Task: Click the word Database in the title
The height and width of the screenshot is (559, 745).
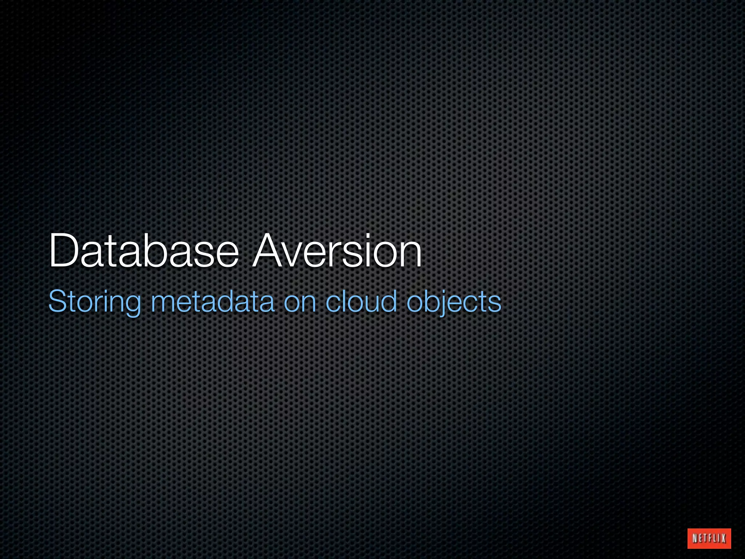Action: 144,251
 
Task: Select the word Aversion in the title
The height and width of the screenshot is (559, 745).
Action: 337,251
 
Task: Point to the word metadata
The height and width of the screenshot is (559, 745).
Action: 212,301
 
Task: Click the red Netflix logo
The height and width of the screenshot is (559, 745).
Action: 709,538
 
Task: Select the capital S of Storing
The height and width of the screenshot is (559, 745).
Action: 58,301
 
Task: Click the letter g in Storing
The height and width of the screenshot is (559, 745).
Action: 132,305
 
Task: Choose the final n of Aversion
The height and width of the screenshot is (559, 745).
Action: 410,255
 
